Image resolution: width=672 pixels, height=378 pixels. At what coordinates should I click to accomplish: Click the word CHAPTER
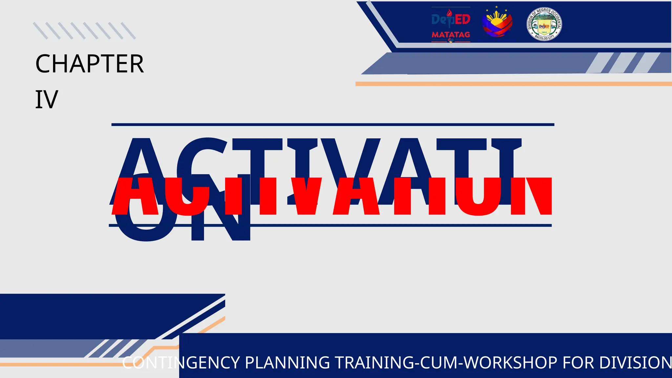(89, 64)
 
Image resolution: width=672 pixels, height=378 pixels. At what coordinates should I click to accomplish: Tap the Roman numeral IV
(47, 100)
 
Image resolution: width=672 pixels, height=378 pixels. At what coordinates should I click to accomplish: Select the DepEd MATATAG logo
(451, 25)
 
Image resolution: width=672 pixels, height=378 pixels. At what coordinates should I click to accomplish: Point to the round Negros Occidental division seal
(544, 24)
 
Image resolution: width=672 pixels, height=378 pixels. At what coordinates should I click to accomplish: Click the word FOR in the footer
(578, 363)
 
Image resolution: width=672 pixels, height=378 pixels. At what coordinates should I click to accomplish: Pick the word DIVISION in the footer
(635, 363)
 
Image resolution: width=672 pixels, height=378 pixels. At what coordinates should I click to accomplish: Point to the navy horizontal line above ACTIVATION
(333, 125)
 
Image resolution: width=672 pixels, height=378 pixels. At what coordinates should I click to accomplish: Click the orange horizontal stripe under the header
(514, 84)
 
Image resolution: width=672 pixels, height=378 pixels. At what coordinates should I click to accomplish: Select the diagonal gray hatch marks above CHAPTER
(84, 31)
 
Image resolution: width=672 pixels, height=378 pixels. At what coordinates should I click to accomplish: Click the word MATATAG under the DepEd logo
(451, 34)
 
